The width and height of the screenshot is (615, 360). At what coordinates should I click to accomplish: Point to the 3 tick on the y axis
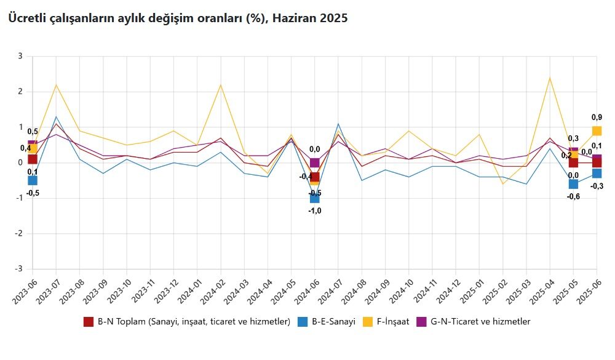20,56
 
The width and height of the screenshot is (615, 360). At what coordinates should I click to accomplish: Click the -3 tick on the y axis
18,269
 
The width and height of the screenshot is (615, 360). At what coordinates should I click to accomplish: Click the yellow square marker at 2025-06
597,130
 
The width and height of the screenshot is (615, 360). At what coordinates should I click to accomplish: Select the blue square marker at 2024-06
314,198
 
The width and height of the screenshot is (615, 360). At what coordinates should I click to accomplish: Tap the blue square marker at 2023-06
33,180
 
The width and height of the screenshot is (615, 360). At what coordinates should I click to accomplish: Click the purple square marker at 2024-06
314,163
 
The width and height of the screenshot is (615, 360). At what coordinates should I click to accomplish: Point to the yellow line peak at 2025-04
550,78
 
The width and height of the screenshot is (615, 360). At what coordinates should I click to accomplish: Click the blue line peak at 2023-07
56,116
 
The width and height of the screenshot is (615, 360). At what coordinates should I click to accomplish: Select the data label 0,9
597,117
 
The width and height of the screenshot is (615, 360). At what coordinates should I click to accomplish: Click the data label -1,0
314,210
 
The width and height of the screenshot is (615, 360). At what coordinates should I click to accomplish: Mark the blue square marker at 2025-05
573,184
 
